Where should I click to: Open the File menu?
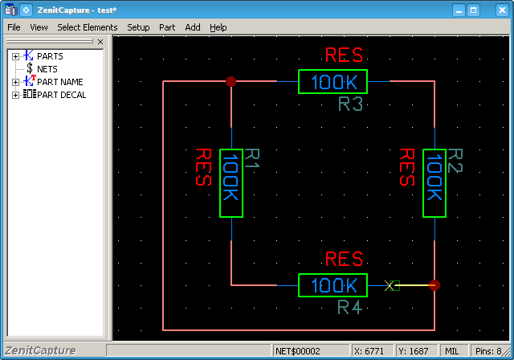click(x=14, y=27)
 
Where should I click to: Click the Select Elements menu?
click(x=88, y=27)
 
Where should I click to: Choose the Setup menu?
click(x=138, y=27)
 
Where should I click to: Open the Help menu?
click(x=218, y=27)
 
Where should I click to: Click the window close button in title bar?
click(x=502, y=10)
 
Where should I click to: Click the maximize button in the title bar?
click(x=473, y=10)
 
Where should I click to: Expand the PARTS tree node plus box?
click(x=15, y=57)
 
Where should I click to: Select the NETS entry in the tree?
click(x=47, y=69)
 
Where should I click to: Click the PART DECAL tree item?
click(x=61, y=95)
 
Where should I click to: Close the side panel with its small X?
click(x=100, y=42)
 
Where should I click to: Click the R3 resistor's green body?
click(x=332, y=70)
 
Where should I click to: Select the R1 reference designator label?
click(x=252, y=158)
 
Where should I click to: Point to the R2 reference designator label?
click(x=455, y=161)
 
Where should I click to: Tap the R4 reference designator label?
click(x=350, y=308)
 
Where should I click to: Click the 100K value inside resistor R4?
click(x=333, y=285)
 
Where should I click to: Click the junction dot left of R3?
click(x=230, y=81)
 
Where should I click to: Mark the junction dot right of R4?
click(x=434, y=285)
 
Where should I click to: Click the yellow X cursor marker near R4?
click(x=389, y=285)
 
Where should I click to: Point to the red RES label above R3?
click(x=345, y=55)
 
